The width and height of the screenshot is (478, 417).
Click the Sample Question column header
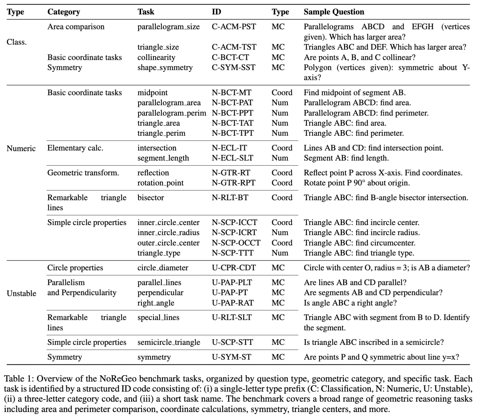[x=334, y=12]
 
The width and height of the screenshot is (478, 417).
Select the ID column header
[x=216, y=12]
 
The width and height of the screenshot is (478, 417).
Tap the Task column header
[x=146, y=12]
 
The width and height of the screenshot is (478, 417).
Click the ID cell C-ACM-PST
[x=234, y=27]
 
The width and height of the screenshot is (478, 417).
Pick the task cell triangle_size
[x=158, y=47]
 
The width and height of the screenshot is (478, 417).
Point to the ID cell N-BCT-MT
[x=232, y=93]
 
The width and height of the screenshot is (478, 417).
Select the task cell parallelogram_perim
[x=172, y=113]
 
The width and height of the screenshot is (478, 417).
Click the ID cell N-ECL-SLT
[x=232, y=158]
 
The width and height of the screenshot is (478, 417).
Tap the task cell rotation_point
[x=161, y=183]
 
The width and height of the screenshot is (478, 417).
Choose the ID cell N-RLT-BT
[x=230, y=198]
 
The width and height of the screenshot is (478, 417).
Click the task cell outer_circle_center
[x=169, y=243]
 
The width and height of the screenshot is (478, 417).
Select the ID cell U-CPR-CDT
[x=234, y=268]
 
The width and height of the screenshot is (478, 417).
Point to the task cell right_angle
[x=156, y=303]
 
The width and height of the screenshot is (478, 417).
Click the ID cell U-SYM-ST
[x=231, y=357]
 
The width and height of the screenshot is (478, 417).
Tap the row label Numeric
[x=21, y=148]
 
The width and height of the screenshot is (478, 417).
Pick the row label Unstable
[x=21, y=293]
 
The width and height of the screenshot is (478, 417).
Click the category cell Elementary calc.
[x=75, y=148]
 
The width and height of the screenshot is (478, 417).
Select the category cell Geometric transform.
[x=83, y=173]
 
